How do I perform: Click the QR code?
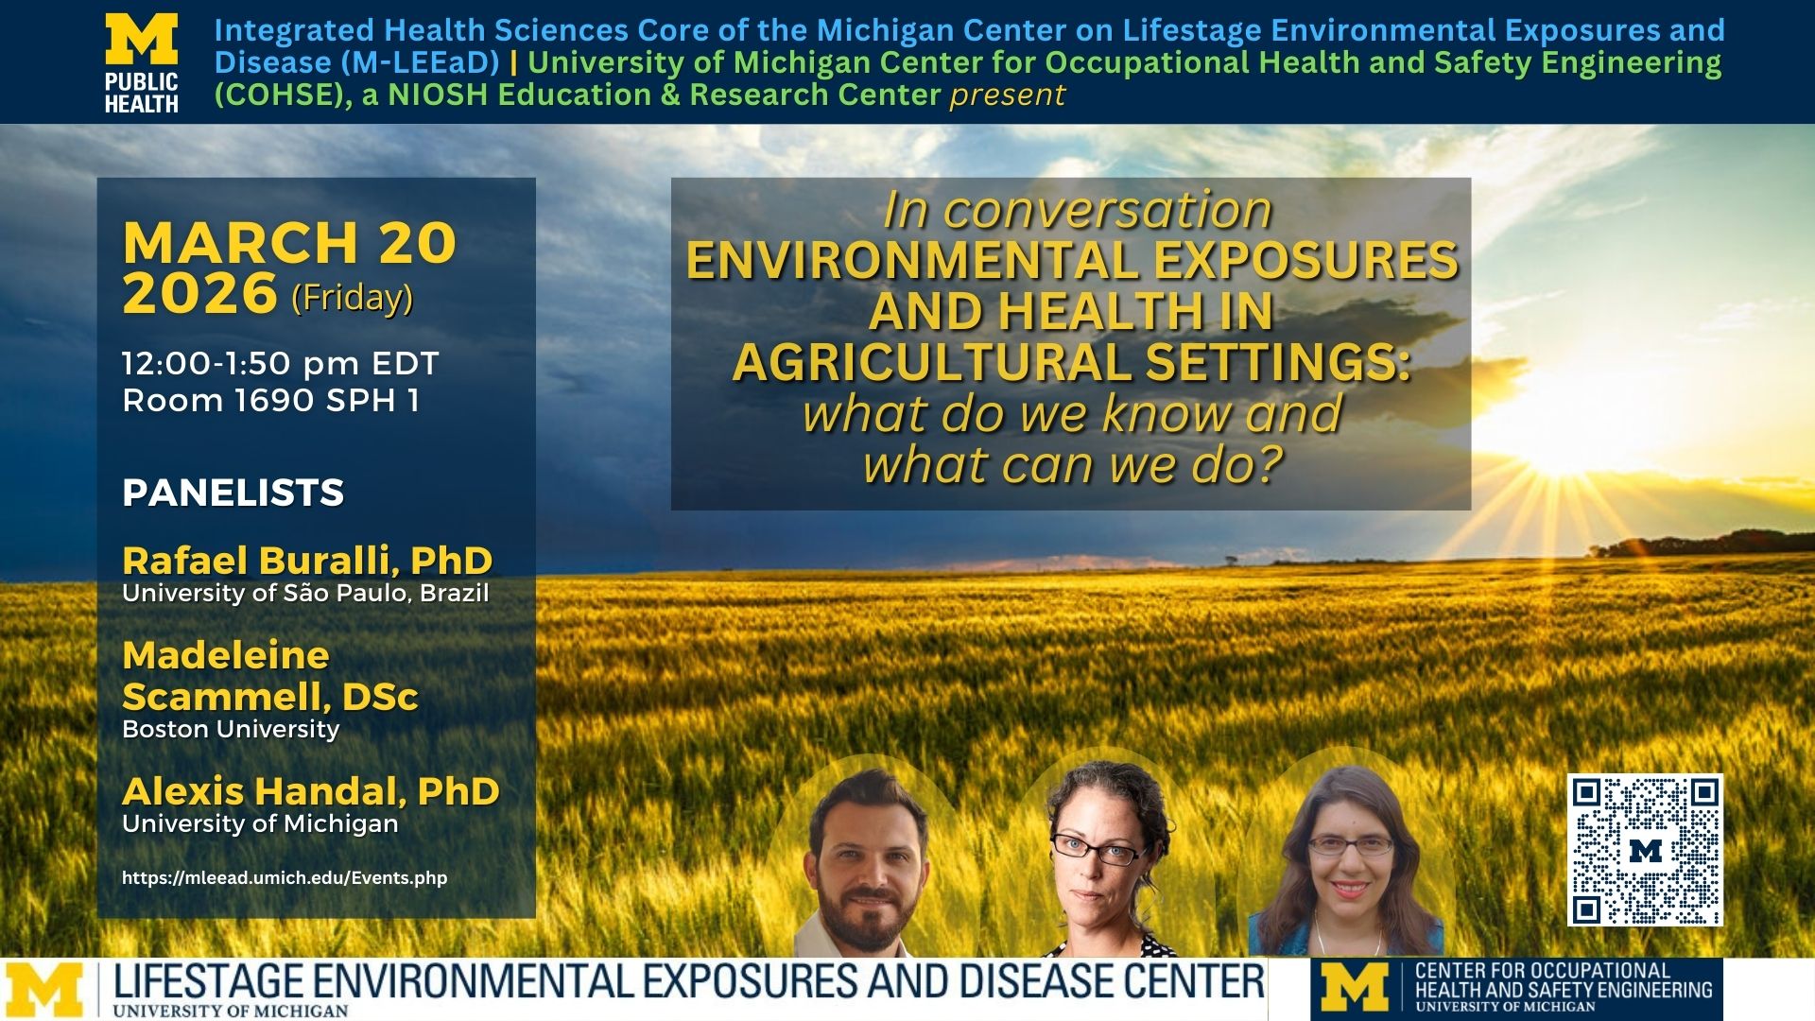[1645, 850]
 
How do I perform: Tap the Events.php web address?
[285, 877]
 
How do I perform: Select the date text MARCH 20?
[289, 243]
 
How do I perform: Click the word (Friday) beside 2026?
[352, 298]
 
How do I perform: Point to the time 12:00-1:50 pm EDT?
[280, 363]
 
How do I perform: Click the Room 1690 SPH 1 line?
[270, 400]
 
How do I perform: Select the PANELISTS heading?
[233, 493]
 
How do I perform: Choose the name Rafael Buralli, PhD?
[307, 561]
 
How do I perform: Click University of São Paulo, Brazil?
[305, 594]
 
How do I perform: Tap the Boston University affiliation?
[231, 729]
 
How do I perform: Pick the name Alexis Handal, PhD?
[310, 790]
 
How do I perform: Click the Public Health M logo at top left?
[142, 62]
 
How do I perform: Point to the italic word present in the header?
[1008, 95]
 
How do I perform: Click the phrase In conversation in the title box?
[1077, 210]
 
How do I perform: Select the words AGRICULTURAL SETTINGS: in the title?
[1071, 362]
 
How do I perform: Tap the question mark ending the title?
[1271, 465]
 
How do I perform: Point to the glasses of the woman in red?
[1351, 846]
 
